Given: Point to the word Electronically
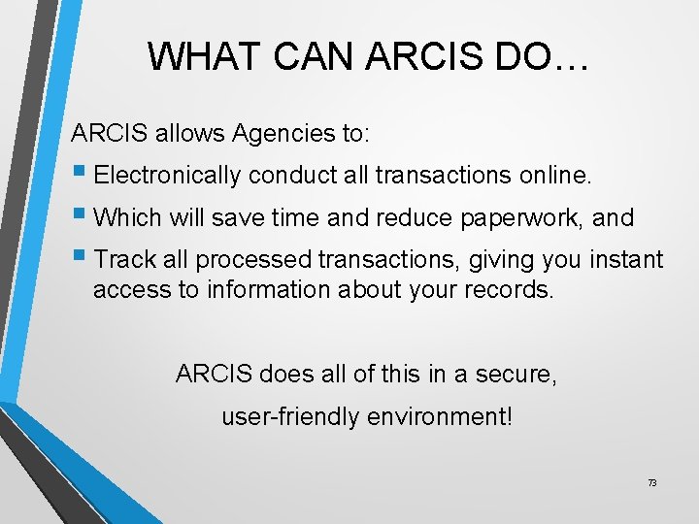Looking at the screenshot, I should coord(168,175).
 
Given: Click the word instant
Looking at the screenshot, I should coord(627,260).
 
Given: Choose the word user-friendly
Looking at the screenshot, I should coord(279,417).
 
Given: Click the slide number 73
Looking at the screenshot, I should coord(651,482).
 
